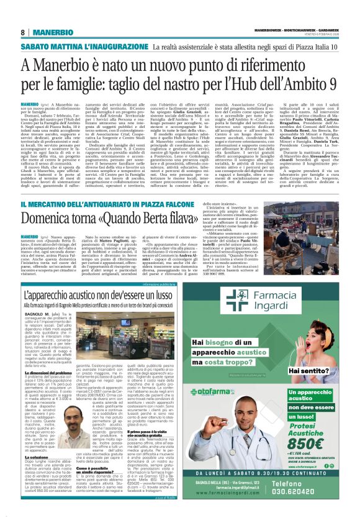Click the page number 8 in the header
[x=23, y=32]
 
